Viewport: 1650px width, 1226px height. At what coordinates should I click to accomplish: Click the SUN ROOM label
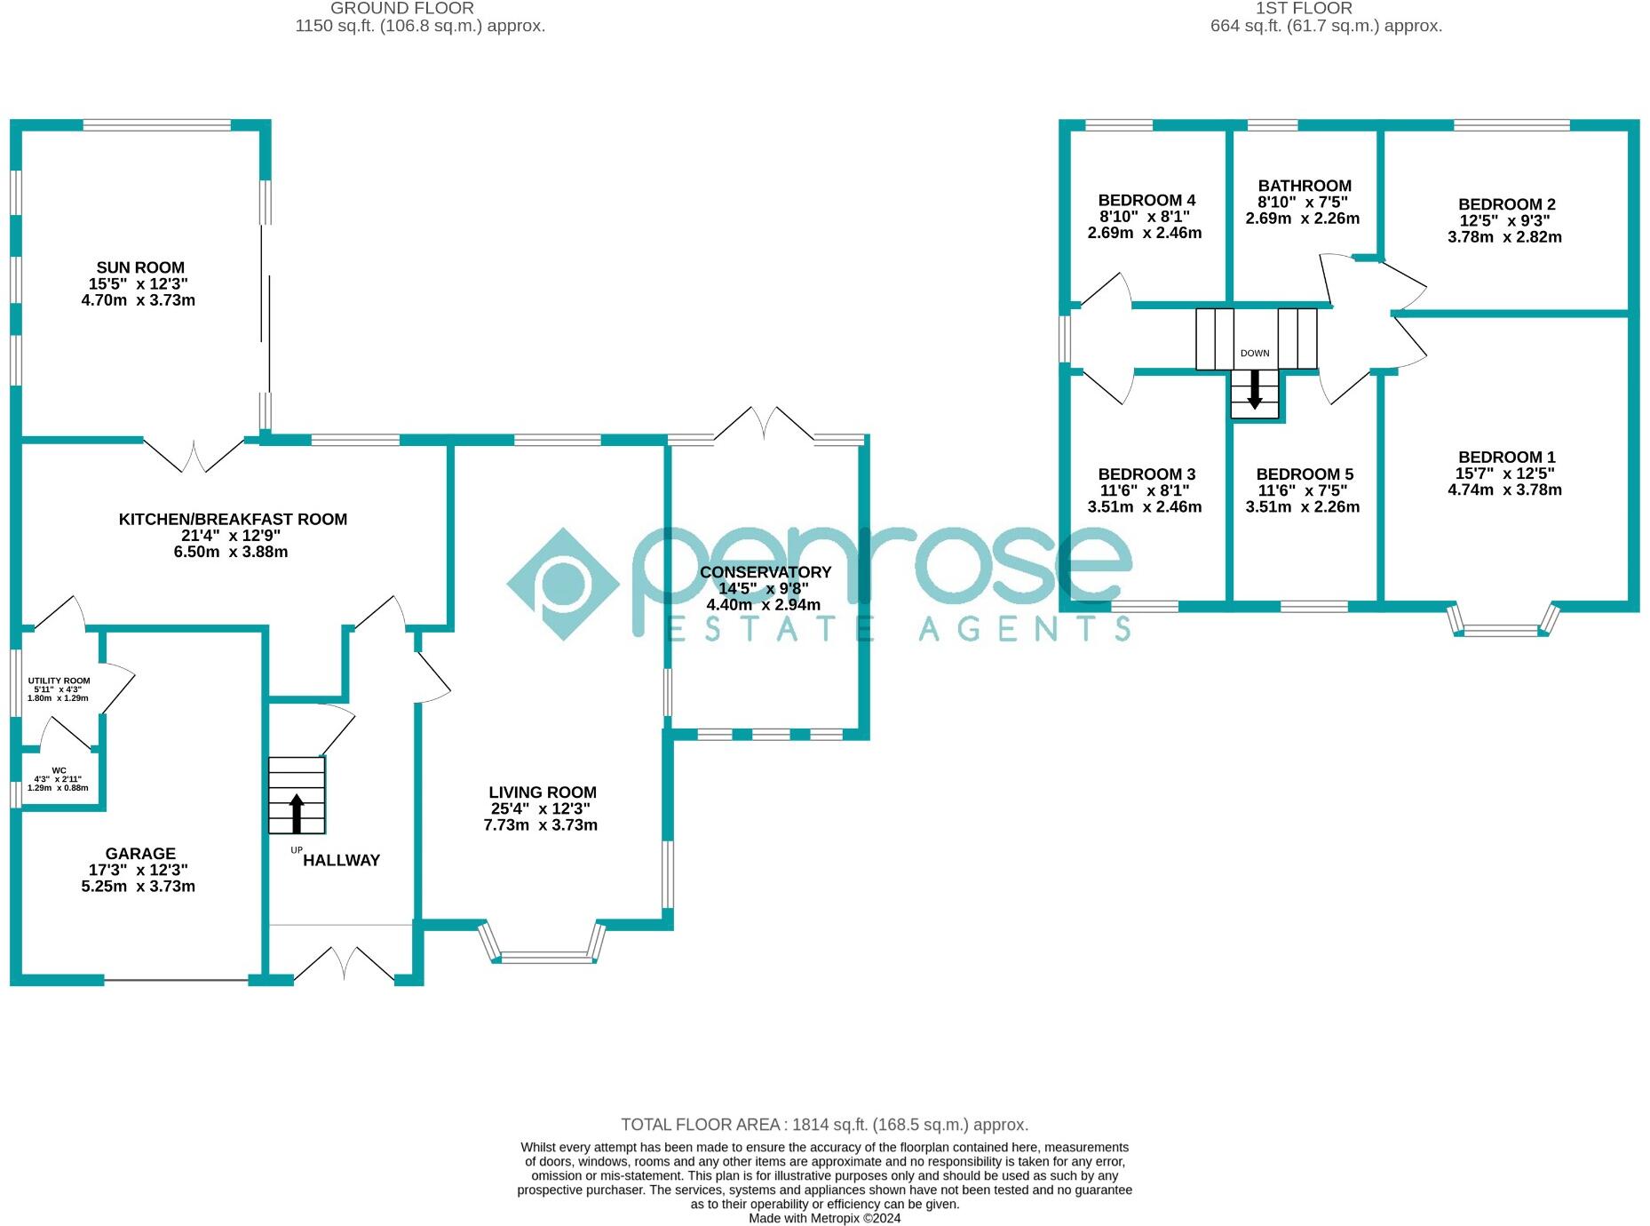click(140, 267)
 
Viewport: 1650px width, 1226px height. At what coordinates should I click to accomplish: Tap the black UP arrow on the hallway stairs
click(297, 812)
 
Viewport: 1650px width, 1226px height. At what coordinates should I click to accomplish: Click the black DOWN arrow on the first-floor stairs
click(1255, 389)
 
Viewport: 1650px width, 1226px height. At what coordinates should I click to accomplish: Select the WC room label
click(59, 770)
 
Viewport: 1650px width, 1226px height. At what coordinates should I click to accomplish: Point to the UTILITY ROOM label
click(59, 681)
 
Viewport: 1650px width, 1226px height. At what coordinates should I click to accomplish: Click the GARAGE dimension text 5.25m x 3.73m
click(138, 886)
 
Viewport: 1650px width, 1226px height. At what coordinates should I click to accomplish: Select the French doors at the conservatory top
click(764, 425)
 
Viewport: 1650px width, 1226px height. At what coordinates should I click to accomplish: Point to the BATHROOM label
click(1305, 186)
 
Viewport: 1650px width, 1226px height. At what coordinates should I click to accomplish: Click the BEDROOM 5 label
click(1305, 474)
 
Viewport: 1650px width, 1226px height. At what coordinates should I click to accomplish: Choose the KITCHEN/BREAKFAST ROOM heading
click(233, 519)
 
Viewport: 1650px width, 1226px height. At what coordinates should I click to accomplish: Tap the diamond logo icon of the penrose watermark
click(563, 584)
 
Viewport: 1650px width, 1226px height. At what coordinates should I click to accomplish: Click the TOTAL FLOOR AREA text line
click(824, 1125)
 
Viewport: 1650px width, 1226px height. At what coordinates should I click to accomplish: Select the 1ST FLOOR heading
click(1304, 8)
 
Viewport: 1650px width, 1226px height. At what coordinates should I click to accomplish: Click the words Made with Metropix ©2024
click(824, 1218)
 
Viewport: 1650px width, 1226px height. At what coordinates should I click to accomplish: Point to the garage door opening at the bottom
click(176, 980)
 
